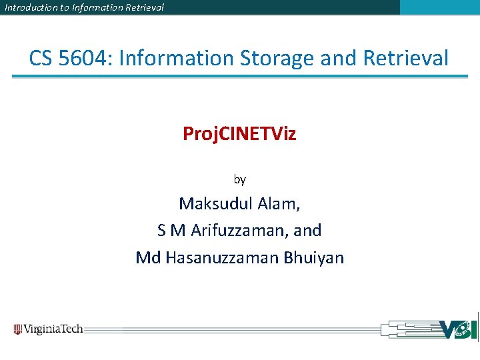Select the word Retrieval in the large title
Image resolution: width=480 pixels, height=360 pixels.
[406, 58]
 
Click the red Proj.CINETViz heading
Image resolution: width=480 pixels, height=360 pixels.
[239, 134]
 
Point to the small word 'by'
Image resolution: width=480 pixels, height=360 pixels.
[239, 179]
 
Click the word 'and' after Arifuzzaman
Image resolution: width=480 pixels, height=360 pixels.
[307, 231]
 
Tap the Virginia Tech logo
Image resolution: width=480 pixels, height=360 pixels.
[48, 329]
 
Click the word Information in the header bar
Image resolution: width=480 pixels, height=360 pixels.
[93, 7]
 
